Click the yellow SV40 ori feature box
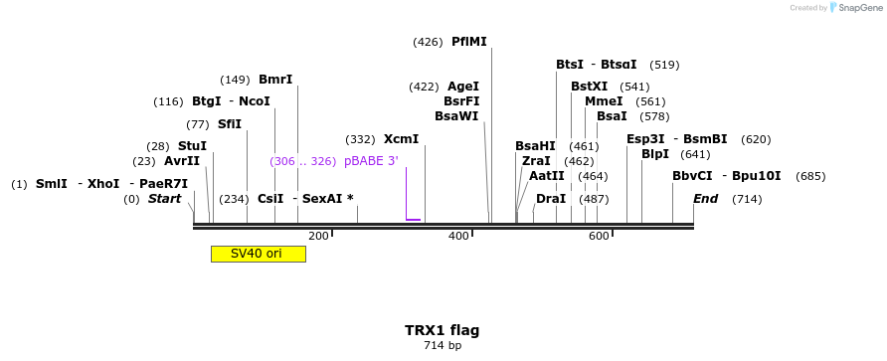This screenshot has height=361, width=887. click(258, 254)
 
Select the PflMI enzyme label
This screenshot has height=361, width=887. click(469, 42)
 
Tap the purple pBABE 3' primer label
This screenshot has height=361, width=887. click(371, 161)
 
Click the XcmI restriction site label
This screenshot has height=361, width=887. click(401, 139)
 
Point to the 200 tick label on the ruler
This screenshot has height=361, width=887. click(318, 236)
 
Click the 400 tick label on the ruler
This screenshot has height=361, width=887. click(458, 236)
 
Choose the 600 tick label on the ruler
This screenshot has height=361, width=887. click(599, 236)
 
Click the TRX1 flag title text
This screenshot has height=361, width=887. click(442, 330)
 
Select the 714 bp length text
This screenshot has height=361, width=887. click(443, 346)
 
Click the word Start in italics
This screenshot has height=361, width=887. click(164, 199)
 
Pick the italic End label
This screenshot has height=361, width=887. click(706, 199)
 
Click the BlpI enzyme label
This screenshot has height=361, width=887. click(655, 154)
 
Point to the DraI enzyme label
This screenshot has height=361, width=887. click(551, 199)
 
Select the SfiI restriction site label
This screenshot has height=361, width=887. click(229, 124)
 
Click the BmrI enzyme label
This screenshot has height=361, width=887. click(275, 80)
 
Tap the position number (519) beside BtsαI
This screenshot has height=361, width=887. click(664, 65)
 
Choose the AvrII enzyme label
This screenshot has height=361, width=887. click(182, 161)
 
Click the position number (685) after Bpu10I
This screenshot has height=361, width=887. click(810, 176)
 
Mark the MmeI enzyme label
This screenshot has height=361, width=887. click(604, 101)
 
